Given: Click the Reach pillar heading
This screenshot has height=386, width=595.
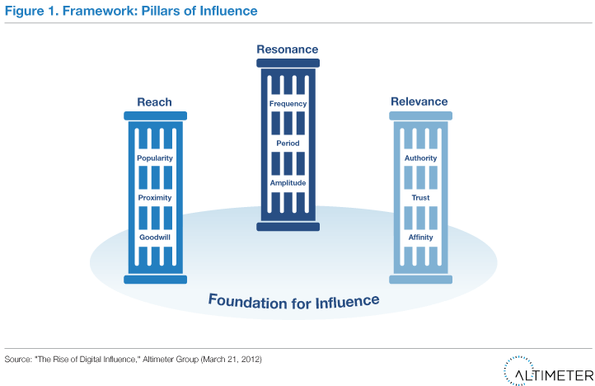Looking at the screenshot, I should pyautogui.click(x=154, y=102).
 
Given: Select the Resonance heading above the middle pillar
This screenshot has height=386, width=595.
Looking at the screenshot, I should pyautogui.click(x=288, y=50).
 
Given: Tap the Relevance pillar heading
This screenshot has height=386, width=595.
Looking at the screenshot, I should pyautogui.click(x=420, y=102).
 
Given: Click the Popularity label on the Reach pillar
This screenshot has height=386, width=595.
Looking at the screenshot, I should pyautogui.click(x=155, y=158).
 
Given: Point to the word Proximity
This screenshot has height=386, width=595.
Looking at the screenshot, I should pyautogui.click(x=155, y=197).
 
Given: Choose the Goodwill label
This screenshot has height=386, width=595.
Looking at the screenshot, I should pyautogui.click(x=155, y=237).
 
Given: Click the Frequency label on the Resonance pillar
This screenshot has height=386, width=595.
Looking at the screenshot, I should pyautogui.click(x=288, y=104).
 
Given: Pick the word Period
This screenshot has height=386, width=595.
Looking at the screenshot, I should pyautogui.click(x=288, y=143).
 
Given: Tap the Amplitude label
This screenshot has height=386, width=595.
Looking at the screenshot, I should pyautogui.click(x=288, y=182).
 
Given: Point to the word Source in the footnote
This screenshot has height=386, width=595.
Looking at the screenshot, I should pyautogui.click(x=17, y=360).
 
